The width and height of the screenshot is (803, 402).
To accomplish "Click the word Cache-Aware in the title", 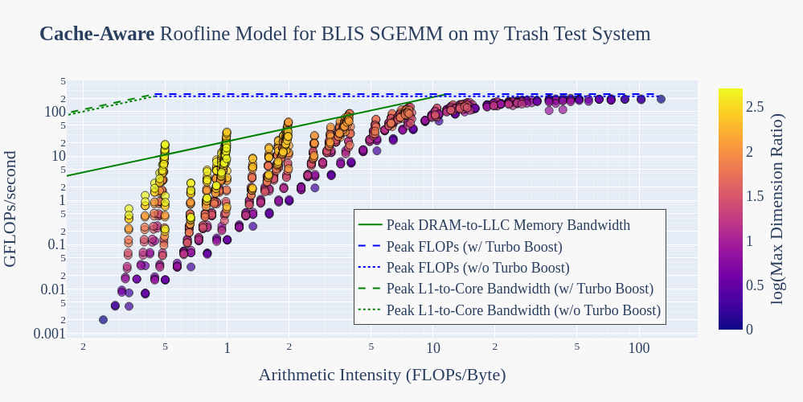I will [96, 34].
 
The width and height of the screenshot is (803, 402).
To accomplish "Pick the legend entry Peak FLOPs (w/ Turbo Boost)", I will [474, 246].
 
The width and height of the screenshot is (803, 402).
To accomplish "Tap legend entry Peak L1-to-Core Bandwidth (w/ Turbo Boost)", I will [519, 288].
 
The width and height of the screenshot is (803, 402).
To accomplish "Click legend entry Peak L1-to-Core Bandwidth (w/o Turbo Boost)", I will [523, 310].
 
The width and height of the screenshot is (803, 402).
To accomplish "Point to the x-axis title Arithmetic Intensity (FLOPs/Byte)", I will [382, 375].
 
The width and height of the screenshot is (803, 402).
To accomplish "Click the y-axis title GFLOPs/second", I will [10, 208].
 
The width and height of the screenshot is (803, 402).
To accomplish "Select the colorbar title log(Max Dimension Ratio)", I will [776, 208].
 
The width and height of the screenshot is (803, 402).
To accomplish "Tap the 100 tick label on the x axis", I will [639, 348].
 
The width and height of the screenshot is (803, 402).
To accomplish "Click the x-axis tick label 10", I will [433, 348].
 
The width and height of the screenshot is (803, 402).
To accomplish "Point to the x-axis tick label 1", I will [227, 348].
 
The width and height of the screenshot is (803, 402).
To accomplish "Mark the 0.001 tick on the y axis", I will [49, 334].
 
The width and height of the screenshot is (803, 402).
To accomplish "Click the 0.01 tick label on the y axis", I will [53, 289].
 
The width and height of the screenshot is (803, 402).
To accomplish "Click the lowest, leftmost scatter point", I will [103, 319].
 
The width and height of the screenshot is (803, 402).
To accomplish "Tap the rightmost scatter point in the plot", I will [661, 99].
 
